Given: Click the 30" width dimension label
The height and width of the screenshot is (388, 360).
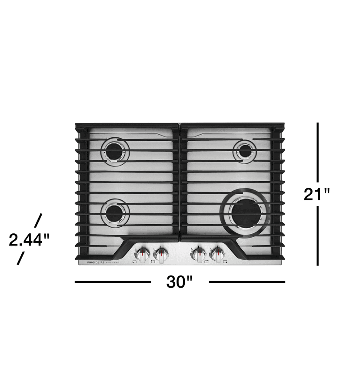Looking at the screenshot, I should click(x=179, y=282).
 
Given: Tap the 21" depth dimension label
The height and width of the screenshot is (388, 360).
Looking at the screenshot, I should click(x=317, y=194).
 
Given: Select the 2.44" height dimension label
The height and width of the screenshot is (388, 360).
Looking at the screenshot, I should click(x=29, y=239).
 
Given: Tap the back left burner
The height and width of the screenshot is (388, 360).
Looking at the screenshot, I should click(x=115, y=152).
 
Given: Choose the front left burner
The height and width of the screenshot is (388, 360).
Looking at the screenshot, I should click(x=115, y=213).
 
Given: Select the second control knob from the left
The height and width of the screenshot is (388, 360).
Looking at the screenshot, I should click(x=161, y=254).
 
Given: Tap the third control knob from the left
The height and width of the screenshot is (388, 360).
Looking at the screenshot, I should click(x=199, y=254).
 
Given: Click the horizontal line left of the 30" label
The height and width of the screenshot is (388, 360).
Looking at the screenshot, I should click(x=113, y=282).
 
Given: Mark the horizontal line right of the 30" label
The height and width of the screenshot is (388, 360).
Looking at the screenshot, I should click(x=247, y=282).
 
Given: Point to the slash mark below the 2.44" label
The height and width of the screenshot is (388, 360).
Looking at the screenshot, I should click(x=20, y=259).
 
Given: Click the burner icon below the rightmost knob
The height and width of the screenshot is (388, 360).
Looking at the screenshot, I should click(x=225, y=262).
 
